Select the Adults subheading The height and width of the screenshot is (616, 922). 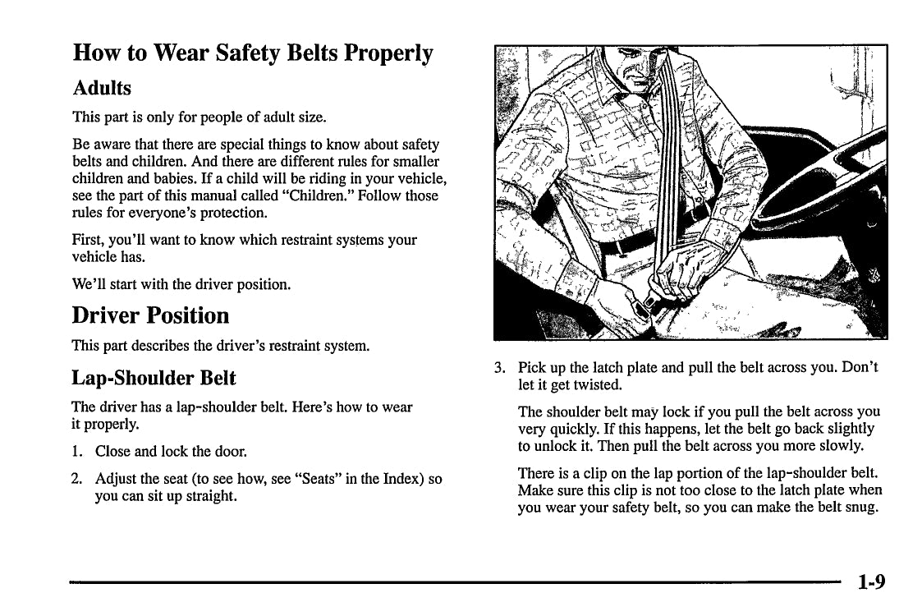tap(102, 87)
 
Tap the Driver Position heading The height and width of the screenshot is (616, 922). tap(150, 315)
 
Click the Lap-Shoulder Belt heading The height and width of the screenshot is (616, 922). tap(154, 378)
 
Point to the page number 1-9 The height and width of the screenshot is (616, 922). tap(871, 582)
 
